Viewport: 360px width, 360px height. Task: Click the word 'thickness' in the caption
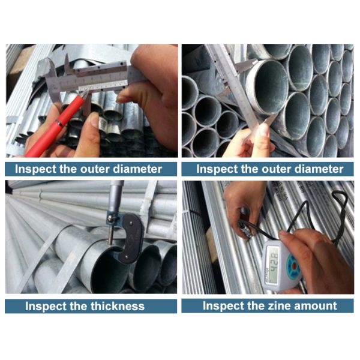118,306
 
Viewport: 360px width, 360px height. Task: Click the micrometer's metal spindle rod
110,232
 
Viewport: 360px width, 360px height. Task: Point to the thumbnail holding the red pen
94,119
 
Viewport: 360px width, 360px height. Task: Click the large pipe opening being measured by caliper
268,86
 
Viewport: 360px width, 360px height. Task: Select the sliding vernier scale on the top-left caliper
103,88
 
